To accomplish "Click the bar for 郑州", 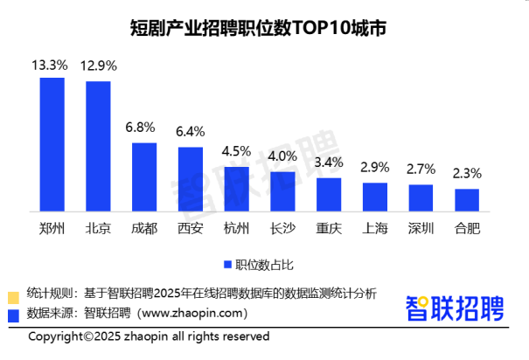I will pos(52,144).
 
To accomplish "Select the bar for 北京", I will pos(98,146).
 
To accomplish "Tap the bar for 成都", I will pos(144,177).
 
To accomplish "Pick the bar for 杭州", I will pos(236,188).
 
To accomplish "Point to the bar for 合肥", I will pos(467,199).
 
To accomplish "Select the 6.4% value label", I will pos(190,132).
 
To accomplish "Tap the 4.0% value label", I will pos(282,157).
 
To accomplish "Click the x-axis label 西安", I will pos(190,229).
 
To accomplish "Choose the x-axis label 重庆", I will pos(329,229).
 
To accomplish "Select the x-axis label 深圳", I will pos(421,229).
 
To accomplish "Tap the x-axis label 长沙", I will pos(282,229).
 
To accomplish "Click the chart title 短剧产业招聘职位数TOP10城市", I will pos(264,27).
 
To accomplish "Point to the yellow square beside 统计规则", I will pos(12,294).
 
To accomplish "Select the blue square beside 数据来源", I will pos(12,313).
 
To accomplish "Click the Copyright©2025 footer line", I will pos(149,336).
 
